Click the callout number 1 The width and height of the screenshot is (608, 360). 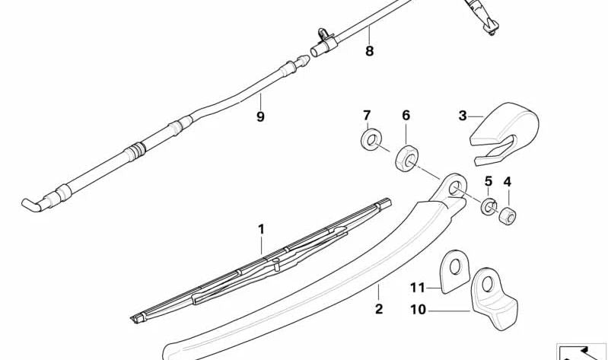pos(261,229)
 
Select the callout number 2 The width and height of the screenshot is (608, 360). pos(379,309)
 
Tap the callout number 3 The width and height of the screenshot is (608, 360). pos(463,116)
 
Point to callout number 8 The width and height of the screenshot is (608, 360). pos(369,50)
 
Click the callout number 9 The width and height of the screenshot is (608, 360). pos(260,116)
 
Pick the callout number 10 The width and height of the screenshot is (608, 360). pos(418,310)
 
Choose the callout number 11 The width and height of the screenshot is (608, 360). pos(418,288)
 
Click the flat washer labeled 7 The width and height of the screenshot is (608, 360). pos(371,139)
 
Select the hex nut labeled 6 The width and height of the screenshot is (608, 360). pos(407,158)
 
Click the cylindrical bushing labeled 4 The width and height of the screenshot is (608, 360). pos(508,216)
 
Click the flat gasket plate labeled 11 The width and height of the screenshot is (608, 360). pos(455,271)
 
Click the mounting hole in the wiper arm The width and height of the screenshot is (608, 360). pos(454,189)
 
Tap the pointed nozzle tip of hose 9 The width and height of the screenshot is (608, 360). pos(303,61)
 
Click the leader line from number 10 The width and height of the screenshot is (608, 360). pos(449,311)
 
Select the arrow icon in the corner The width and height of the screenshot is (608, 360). pos(581,352)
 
